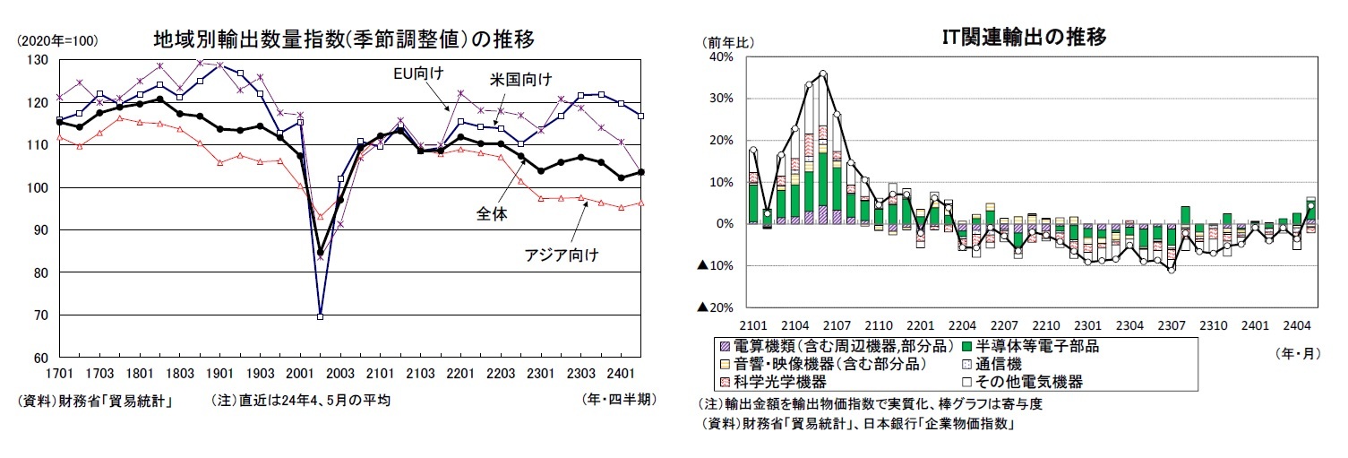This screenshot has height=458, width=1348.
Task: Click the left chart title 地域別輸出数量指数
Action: (x=345, y=39)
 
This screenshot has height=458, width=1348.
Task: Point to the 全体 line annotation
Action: (x=492, y=213)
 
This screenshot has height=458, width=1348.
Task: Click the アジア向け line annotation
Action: (x=561, y=255)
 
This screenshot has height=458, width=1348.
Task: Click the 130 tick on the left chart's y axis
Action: (x=38, y=60)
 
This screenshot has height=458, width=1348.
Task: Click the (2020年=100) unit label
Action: (x=57, y=40)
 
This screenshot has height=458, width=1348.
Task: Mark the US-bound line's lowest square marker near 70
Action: (x=320, y=315)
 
